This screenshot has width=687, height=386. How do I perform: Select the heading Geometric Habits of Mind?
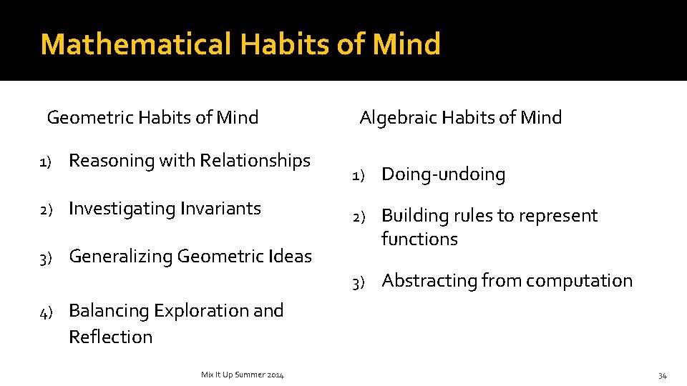pos(152,117)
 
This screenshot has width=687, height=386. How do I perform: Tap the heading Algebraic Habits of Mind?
pos(460,117)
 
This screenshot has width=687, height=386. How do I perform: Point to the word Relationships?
pos(255,161)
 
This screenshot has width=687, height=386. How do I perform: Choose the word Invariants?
pos(220,209)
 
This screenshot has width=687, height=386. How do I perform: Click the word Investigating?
pos(122,209)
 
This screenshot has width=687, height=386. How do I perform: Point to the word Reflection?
pos(110,337)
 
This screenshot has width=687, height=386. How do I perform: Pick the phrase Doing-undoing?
pos(443,174)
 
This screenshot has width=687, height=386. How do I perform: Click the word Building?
pos(411,216)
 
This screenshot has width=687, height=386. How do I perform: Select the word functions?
pos(419,239)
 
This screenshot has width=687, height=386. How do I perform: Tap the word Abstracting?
pos(429,281)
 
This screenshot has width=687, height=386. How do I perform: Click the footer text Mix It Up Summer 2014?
pos(242,375)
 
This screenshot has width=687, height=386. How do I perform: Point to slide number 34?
pos(662,375)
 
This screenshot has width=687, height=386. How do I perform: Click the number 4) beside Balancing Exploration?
pos(45,312)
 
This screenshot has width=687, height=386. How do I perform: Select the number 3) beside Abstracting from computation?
pos(359,282)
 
